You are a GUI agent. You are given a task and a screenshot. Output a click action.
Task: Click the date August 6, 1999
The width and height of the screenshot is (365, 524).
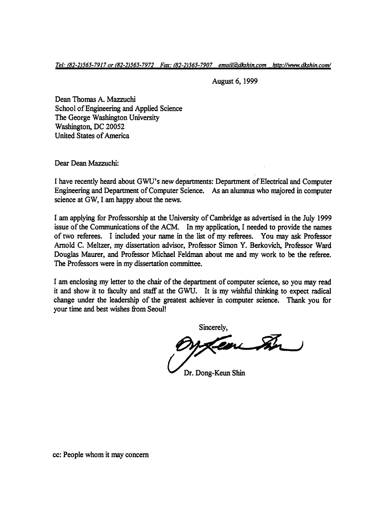click(x=235, y=81)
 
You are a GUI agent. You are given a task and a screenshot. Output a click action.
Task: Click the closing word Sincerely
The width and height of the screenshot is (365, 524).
click(x=214, y=328)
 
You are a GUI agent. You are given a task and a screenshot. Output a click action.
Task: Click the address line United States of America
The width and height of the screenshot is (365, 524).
click(x=92, y=136)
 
